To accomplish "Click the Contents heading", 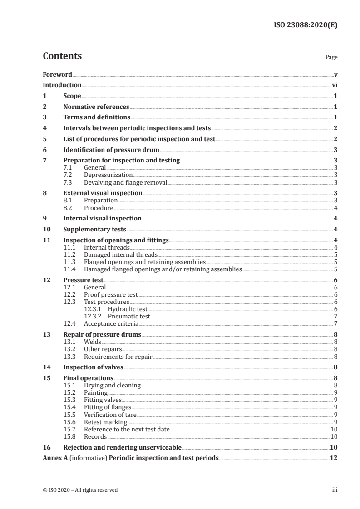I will (62, 56).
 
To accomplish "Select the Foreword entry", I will (57, 74).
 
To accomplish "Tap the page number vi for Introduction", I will (334, 85).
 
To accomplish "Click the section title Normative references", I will (96, 107).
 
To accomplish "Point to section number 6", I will (44, 150).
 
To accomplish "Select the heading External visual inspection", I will (103, 193).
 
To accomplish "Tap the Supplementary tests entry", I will (95, 229).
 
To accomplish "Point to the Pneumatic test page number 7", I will (335, 316).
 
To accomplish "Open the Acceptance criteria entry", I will (111, 323).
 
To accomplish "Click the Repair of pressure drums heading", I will (102, 335).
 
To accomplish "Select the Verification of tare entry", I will (110, 414).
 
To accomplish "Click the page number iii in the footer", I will (335, 490).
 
